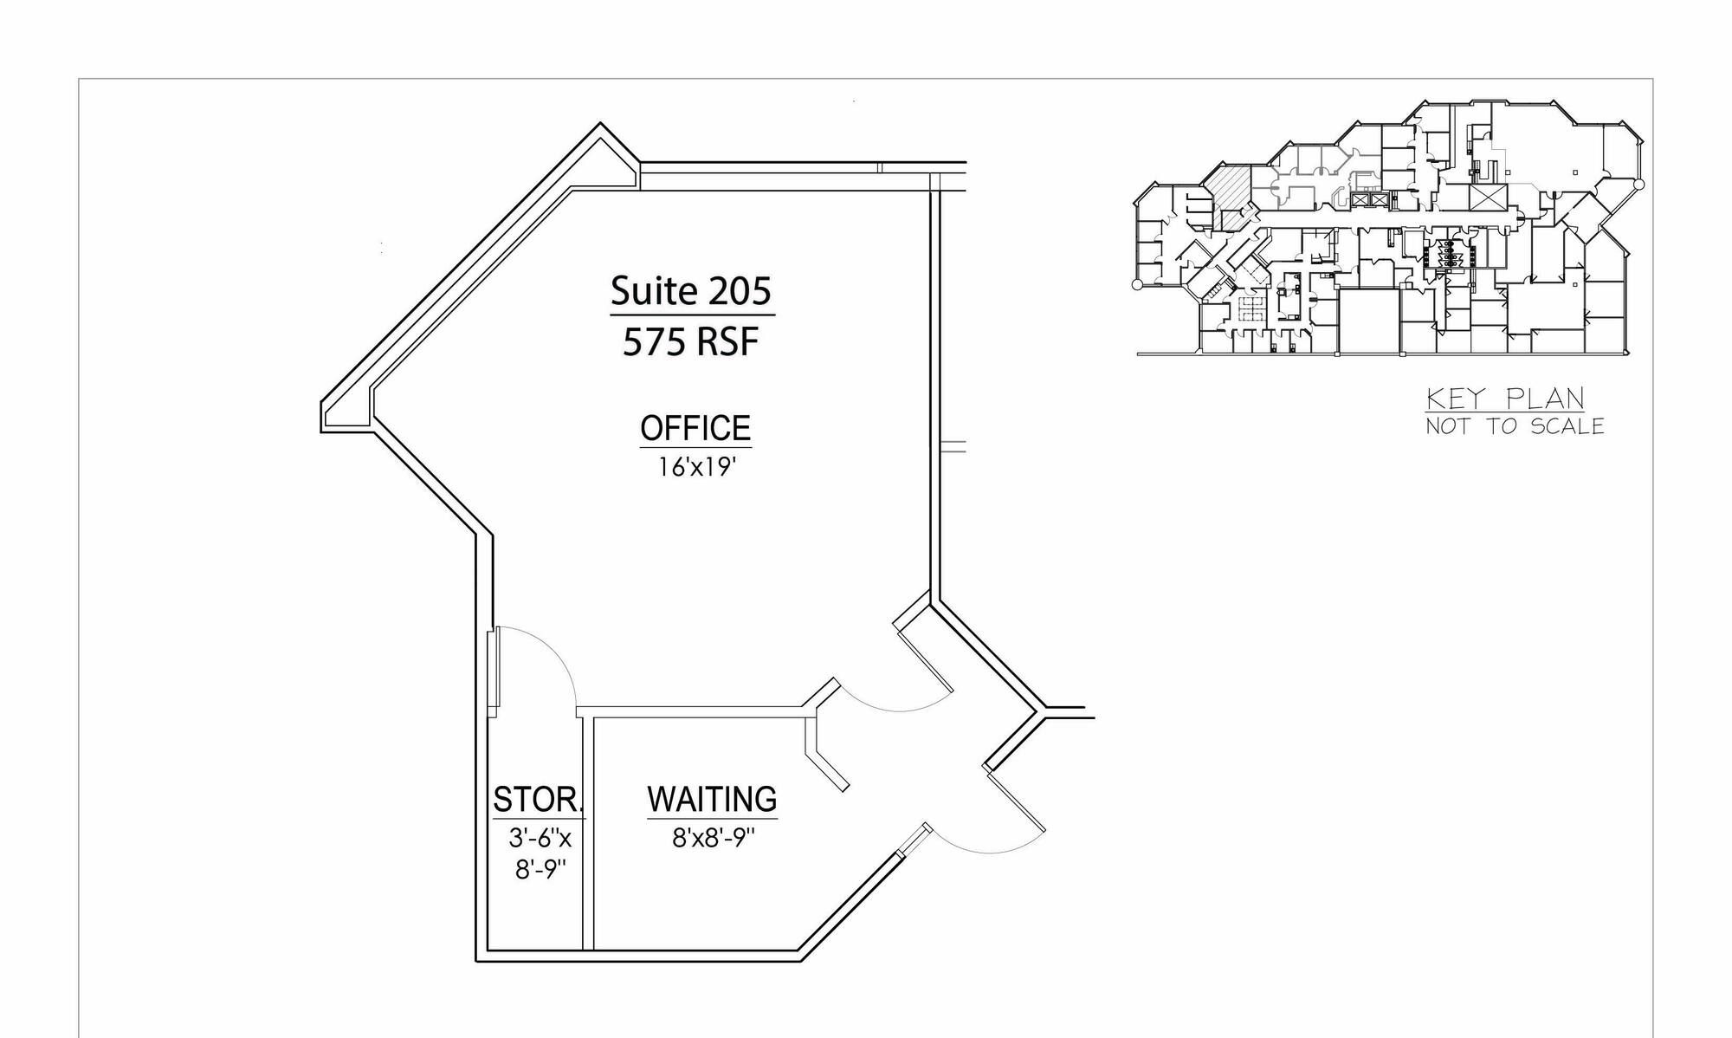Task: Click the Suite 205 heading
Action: click(x=690, y=291)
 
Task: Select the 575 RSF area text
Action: click(x=690, y=342)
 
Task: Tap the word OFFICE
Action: click(x=695, y=428)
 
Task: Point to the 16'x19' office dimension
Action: click(x=696, y=467)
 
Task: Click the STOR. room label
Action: click(x=539, y=799)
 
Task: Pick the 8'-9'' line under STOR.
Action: click(x=540, y=869)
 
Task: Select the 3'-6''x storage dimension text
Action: click(x=540, y=838)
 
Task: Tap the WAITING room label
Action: click(x=712, y=798)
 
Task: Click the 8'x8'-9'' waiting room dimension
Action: click(x=714, y=838)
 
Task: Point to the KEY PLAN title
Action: click(x=1506, y=399)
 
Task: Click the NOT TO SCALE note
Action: click(x=1515, y=426)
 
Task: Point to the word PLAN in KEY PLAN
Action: click(x=1546, y=399)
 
